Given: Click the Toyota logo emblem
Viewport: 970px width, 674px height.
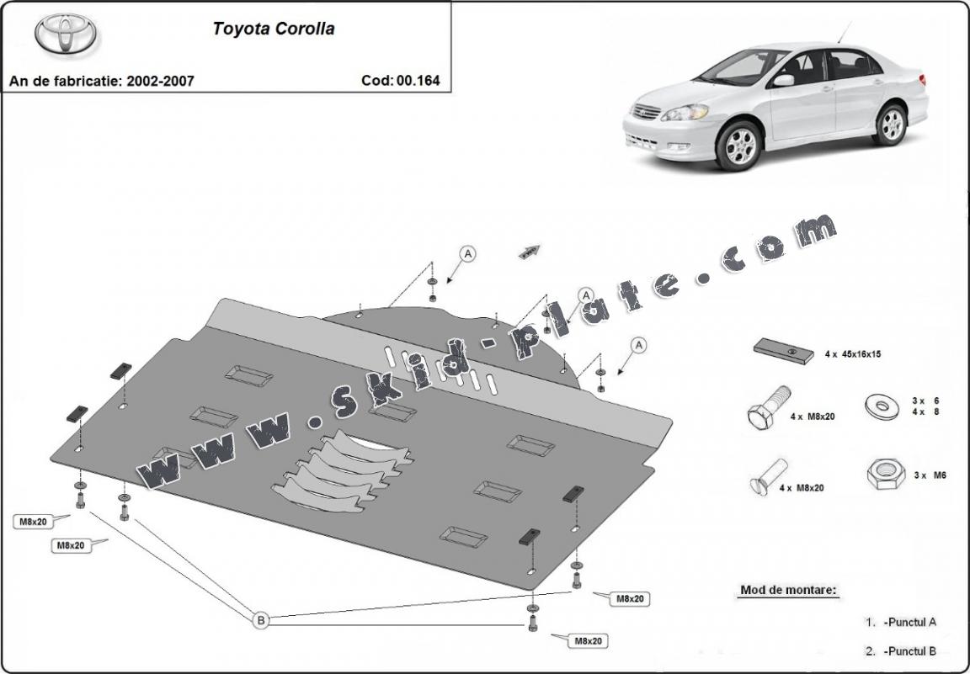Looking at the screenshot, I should point(65,34).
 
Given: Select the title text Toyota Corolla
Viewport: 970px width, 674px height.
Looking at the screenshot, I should point(273,29).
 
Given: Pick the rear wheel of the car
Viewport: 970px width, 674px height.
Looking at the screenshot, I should point(890,125).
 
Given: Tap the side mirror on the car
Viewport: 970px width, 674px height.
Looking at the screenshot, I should point(784,81).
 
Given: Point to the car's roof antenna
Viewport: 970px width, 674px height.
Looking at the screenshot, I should point(845,32).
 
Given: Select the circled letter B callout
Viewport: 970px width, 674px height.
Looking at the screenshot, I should point(261,620).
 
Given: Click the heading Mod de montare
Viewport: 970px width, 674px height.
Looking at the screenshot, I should point(788,590).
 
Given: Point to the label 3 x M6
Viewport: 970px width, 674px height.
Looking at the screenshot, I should point(930,475).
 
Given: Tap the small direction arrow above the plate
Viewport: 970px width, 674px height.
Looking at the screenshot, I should point(530,251).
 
